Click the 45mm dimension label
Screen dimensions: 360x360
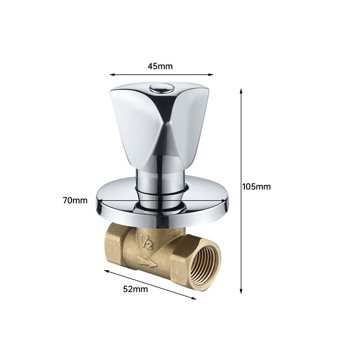point(160,66)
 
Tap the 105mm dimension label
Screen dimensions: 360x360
point(256,187)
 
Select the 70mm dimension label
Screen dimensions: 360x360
point(75,200)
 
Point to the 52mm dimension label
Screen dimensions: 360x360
point(135,289)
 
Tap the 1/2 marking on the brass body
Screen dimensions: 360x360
point(147,243)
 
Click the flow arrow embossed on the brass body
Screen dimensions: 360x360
point(147,262)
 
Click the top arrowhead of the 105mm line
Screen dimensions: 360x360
point(241,91)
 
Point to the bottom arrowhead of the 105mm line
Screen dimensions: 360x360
point(241,291)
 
